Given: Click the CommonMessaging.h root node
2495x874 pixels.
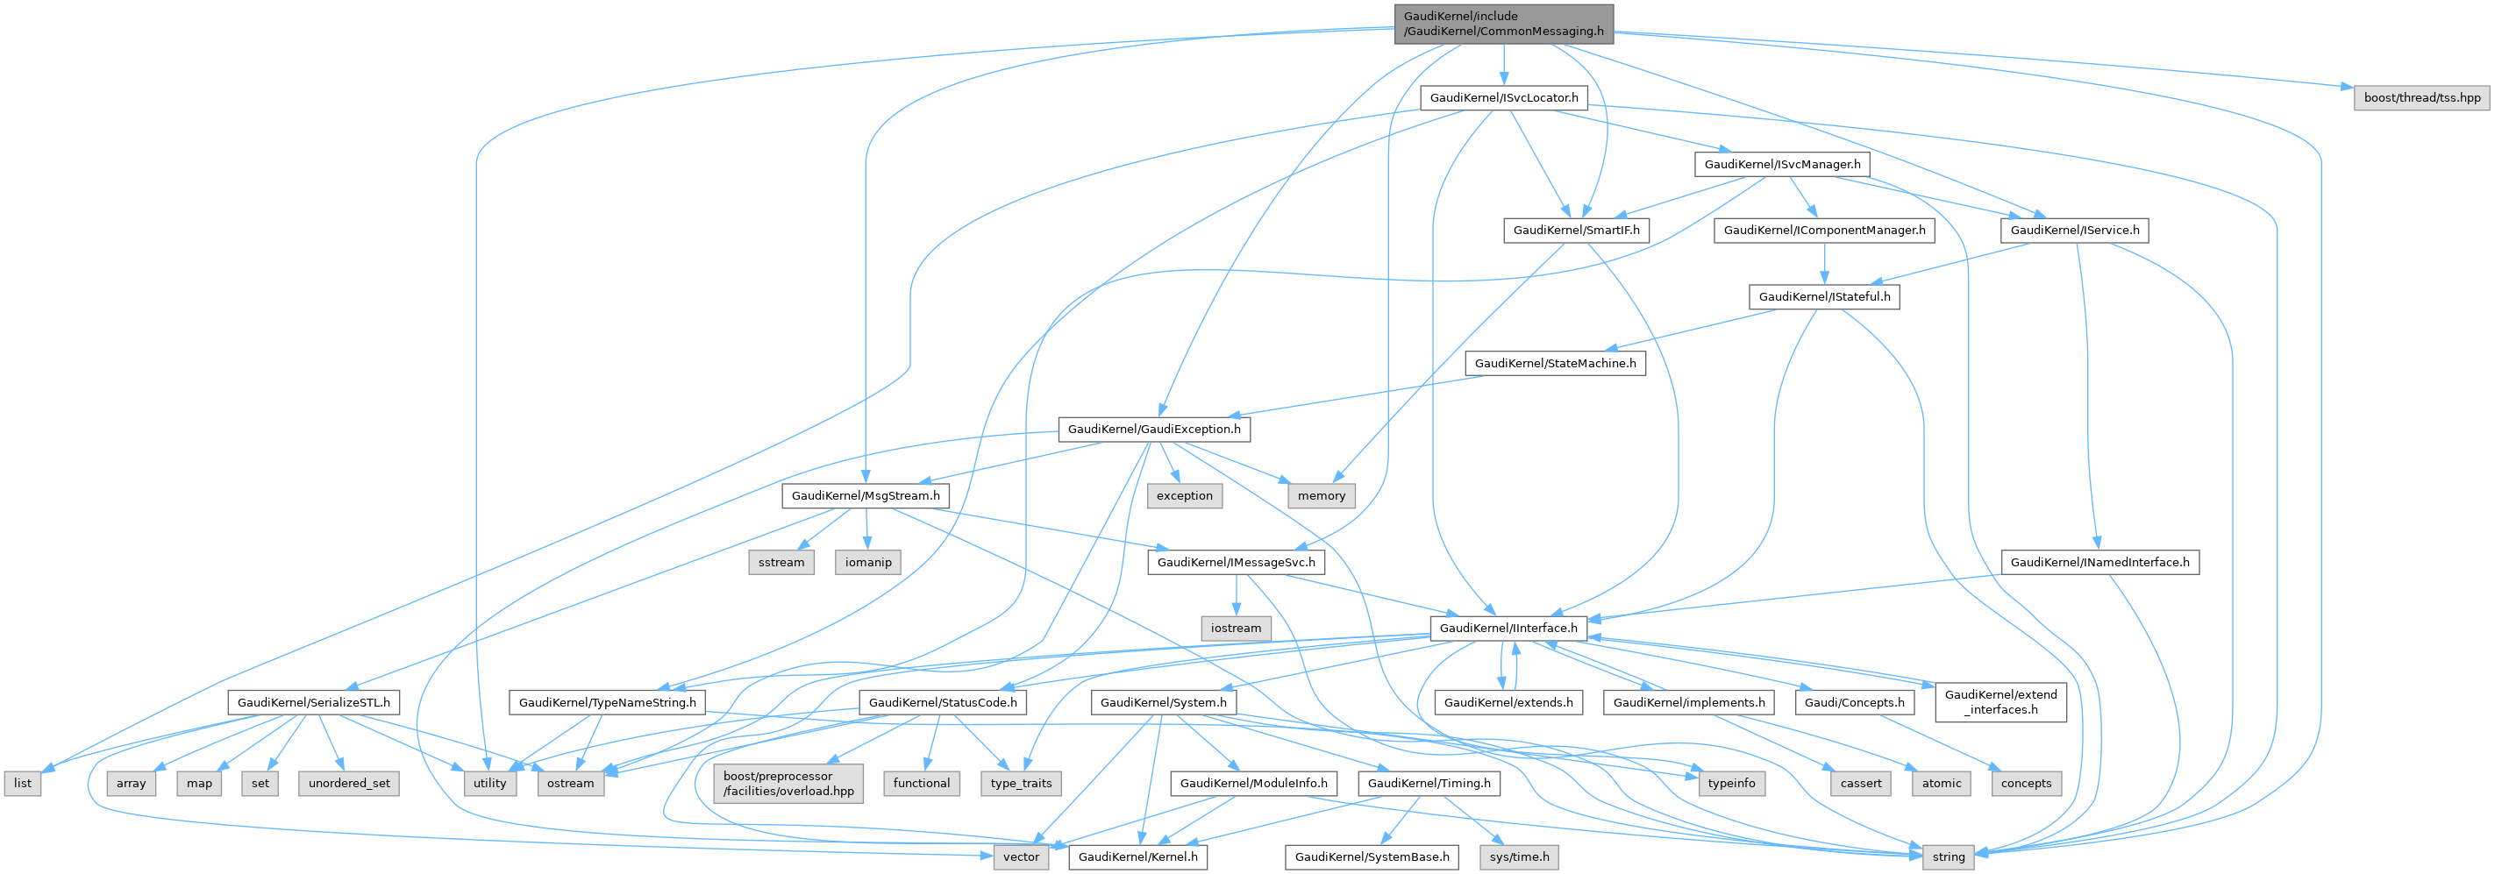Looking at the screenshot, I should [1503, 23].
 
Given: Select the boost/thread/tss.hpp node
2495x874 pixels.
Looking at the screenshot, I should [2421, 98].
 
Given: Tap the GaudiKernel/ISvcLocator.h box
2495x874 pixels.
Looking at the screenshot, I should [1503, 98].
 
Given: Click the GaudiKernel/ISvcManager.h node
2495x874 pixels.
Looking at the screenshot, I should [1782, 165].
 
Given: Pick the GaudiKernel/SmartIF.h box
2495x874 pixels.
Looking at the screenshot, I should [1576, 231].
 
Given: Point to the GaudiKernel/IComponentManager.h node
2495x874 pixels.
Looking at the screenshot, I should [1824, 231].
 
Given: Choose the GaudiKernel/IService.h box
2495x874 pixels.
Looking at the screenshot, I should [2075, 231].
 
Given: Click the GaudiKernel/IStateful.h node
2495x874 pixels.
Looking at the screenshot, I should [1824, 297].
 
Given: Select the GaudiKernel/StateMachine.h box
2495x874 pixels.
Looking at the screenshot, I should [1555, 363].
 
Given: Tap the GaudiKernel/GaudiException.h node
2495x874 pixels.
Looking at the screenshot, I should [1153, 429].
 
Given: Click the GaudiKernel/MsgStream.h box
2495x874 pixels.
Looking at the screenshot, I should [865, 495].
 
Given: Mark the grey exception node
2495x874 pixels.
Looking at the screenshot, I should [1184, 495].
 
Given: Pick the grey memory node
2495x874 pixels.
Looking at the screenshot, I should [1321, 495].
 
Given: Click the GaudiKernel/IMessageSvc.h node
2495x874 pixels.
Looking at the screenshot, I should [1236, 562].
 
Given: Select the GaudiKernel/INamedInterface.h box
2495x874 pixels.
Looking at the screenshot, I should [2099, 562].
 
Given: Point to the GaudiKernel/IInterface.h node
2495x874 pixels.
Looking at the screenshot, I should [1508, 629].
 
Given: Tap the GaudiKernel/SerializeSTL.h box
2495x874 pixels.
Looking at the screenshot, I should [314, 703].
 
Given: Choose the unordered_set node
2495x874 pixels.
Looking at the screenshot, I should [349, 783].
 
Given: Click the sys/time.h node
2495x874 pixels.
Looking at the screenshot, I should [1519, 856].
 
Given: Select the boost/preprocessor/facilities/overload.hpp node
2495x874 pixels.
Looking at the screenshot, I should [788, 783].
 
